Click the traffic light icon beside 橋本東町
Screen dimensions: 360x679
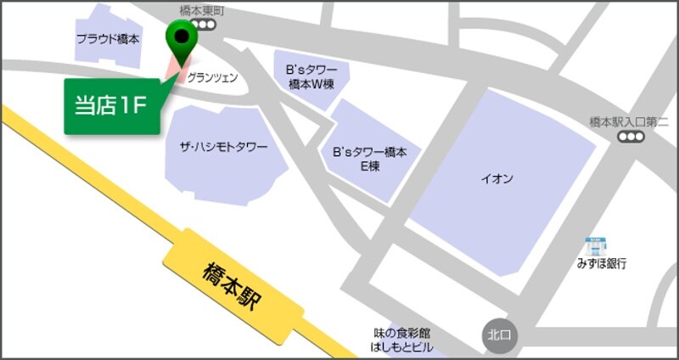206,25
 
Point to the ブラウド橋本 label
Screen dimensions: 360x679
108,39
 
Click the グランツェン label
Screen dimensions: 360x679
212,77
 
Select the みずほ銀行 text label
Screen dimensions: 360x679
599,264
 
